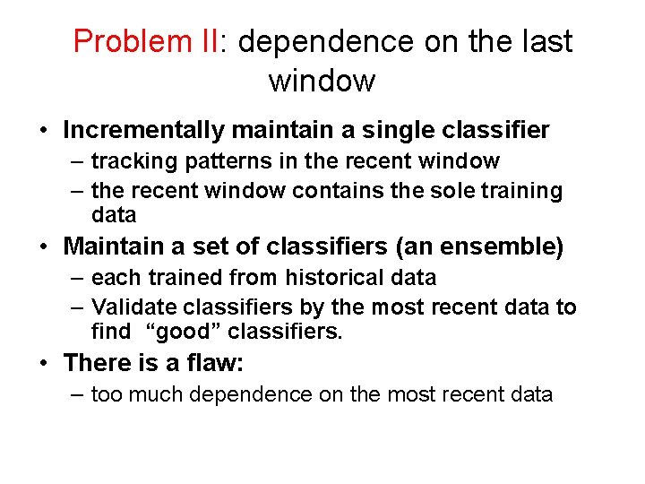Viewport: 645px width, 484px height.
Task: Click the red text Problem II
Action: pyautogui.click(x=146, y=42)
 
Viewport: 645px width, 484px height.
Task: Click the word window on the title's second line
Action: pyautogui.click(x=322, y=81)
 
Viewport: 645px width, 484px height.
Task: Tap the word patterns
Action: pyautogui.click(x=211, y=161)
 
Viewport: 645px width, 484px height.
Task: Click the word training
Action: pyautogui.click(x=523, y=191)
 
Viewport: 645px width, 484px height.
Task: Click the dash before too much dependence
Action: pyautogui.click(x=77, y=394)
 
